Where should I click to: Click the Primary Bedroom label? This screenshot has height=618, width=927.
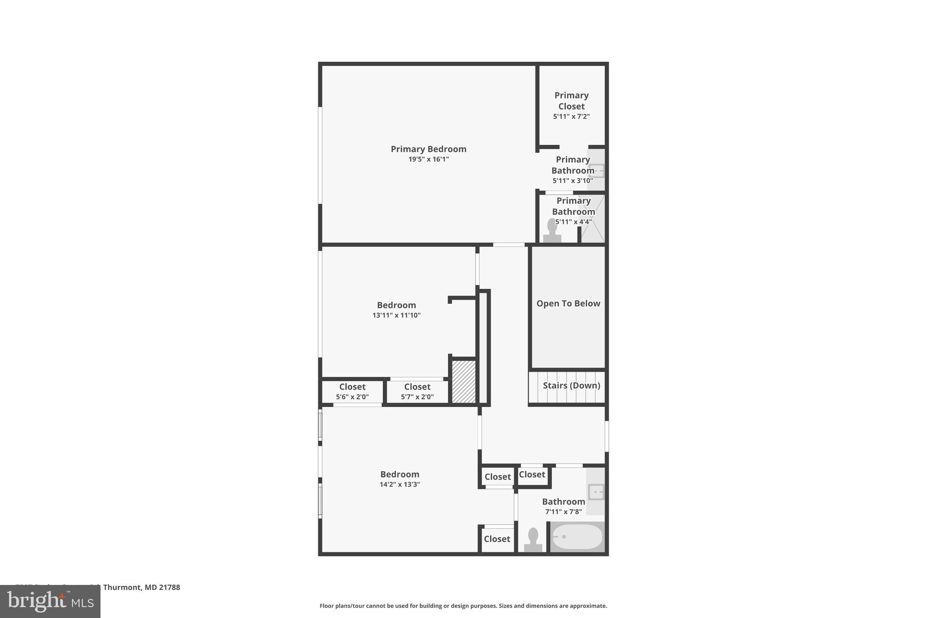pyautogui.click(x=428, y=149)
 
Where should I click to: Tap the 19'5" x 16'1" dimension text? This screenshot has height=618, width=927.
pyautogui.click(x=428, y=159)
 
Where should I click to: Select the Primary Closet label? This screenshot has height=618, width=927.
pyautogui.click(x=571, y=101)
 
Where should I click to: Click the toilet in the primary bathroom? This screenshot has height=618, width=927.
pyautogui.click(x=552, y=231)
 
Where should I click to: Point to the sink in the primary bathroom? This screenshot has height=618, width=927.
pyautogui.click(x=596, y=171)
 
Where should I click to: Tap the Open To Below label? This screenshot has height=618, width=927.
pyautogui.click(x=568, y=303)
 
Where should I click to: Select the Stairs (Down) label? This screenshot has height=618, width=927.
pyautogui.click(x=571, y=385)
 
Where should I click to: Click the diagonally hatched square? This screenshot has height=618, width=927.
pyautogui.click(x=463, y=381)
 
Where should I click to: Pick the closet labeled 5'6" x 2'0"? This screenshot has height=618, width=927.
pyautogui.click(x=352, y=392)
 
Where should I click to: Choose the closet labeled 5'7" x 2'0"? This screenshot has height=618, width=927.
pyautogui.click(x=417, y=392)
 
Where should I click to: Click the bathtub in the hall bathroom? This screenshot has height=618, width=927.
pyautogui.click(x=578, y=537)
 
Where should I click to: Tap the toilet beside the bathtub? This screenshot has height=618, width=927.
pyautogui.click(x=533, y=540)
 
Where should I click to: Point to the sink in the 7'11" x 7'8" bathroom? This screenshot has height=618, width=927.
pyautogui.click(x=596, y=492)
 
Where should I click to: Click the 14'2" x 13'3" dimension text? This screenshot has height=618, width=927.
pyautogui.click(x=400, y=484)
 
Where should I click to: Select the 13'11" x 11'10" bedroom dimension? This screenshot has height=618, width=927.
pyautogui.click(x=396, y=316)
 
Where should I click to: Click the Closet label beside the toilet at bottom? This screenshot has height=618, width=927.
pyautogui.click(x=497, y=539)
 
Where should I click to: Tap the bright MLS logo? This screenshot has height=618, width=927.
pyautogui.click(x=50, y=601)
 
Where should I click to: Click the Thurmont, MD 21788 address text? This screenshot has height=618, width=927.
pyautogui.click(x=141, y=587)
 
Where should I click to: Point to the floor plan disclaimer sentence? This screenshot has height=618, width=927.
pyautogui.click(x=463, y=606)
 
